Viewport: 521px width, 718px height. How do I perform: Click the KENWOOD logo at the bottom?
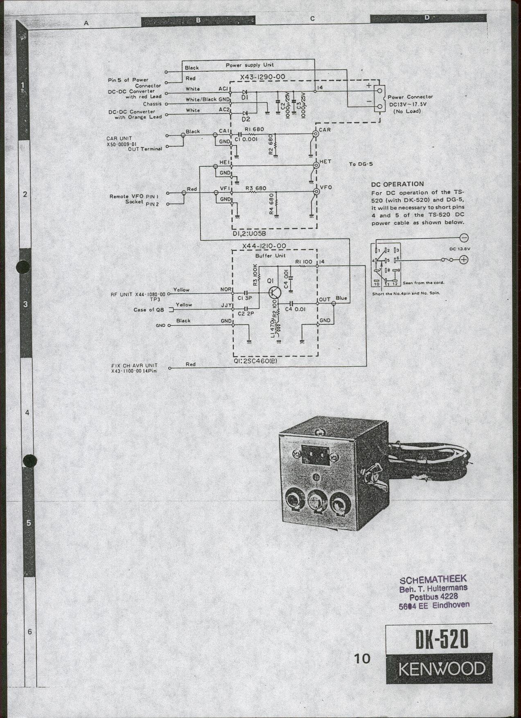tap(441, 669)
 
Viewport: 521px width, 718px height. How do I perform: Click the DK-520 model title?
tap(442, 639)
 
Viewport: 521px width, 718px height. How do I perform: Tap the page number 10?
tap(362, 658)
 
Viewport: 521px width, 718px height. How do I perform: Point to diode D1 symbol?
tap(245, 92)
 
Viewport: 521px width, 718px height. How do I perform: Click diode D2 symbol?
tap(245, 113)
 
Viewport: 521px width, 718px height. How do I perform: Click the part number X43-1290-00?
tap(263, 77)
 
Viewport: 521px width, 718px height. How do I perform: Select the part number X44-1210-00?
tap(264, 246)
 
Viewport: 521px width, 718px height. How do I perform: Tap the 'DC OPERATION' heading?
tap(397, 184)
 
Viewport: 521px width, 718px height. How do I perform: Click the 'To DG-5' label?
tap(361, 164)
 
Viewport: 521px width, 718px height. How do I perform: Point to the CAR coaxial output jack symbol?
tap(316, 134)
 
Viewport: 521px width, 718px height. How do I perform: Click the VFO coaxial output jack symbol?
tap(316, 191)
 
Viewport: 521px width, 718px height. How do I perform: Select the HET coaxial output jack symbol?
tap(316, 165)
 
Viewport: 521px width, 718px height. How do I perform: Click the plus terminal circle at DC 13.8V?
tap(464, 259)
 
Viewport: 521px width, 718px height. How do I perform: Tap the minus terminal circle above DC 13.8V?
tap(464, 238)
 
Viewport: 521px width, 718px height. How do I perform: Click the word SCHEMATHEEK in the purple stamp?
tap(433, 579)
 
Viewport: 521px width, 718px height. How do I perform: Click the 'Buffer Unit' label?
tap(270, 256)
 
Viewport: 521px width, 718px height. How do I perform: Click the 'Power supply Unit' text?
tap(250, 65)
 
